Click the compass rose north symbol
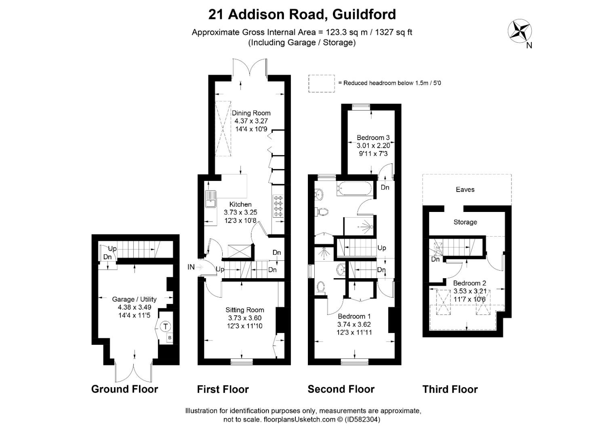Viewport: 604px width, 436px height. (520, 31)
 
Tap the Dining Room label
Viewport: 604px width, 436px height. (251, 113)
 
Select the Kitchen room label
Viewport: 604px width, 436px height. (240, 204)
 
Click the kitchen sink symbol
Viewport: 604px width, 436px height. (210, 199)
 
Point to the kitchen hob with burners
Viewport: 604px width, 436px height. (278, 206)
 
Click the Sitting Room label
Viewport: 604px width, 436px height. (244, 310)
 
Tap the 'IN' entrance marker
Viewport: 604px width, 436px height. (191, 267)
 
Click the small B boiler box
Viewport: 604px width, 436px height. (170, 337)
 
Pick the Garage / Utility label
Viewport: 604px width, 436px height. (134, 299)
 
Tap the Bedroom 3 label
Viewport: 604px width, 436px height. (373, 138)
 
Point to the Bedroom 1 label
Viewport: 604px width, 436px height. (354, 316)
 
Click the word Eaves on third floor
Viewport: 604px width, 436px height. (465, 189)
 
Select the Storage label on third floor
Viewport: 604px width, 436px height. (465, 222)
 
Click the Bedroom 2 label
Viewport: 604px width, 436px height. (469, 283)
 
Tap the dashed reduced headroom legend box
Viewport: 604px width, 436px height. (322, 84)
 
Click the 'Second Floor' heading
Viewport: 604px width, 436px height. (341, 389)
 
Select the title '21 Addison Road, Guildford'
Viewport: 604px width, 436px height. (302, 15)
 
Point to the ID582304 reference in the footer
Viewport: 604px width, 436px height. (362, 419)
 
